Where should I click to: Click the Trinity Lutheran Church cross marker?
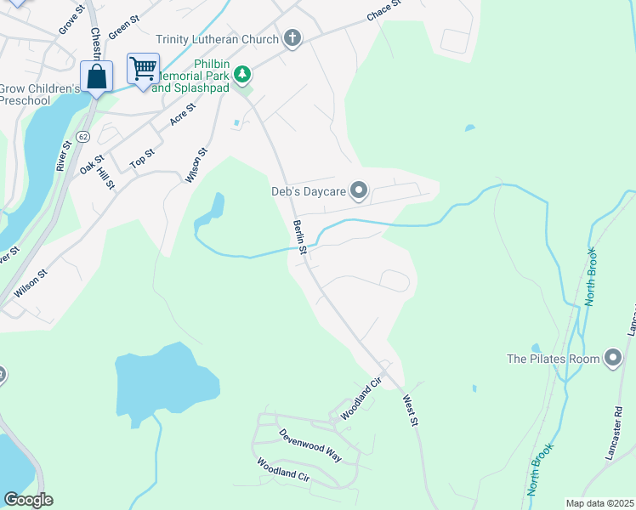[x=292, y=39]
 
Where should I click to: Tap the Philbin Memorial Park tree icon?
[x=243, y=75]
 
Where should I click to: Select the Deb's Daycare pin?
[x=359, y=191]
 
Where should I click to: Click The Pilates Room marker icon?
[x=612, y=359]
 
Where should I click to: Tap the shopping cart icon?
[x=144, y=68]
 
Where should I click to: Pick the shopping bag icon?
[x=97, y=76]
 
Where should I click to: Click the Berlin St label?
[x=299, y=235]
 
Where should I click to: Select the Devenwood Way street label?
[x=310, y=445]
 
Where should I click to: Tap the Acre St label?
[x=182, y=114]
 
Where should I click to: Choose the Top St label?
[x=142, y=158]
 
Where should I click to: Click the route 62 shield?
[x=82, y=137]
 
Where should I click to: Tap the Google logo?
[x=28, y=499]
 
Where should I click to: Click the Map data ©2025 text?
[x=599, y=503]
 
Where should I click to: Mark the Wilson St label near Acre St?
[x=196, y=166]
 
